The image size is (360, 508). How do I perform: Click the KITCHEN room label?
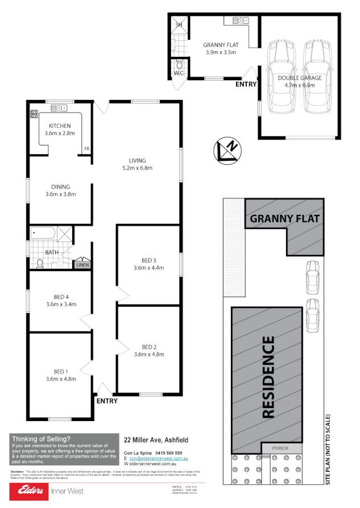60,126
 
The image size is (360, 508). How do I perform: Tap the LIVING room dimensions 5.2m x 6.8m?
136,168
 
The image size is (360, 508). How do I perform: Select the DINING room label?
60,186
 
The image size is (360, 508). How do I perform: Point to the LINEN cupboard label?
82,265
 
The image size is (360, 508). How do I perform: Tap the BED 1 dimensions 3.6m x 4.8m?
60,379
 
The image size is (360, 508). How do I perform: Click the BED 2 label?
148,347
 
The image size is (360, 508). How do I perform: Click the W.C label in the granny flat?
178,72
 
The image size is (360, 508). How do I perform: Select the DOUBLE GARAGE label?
299,78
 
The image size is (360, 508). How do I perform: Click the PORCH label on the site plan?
280,448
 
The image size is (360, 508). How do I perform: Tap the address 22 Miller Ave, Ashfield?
156,439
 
